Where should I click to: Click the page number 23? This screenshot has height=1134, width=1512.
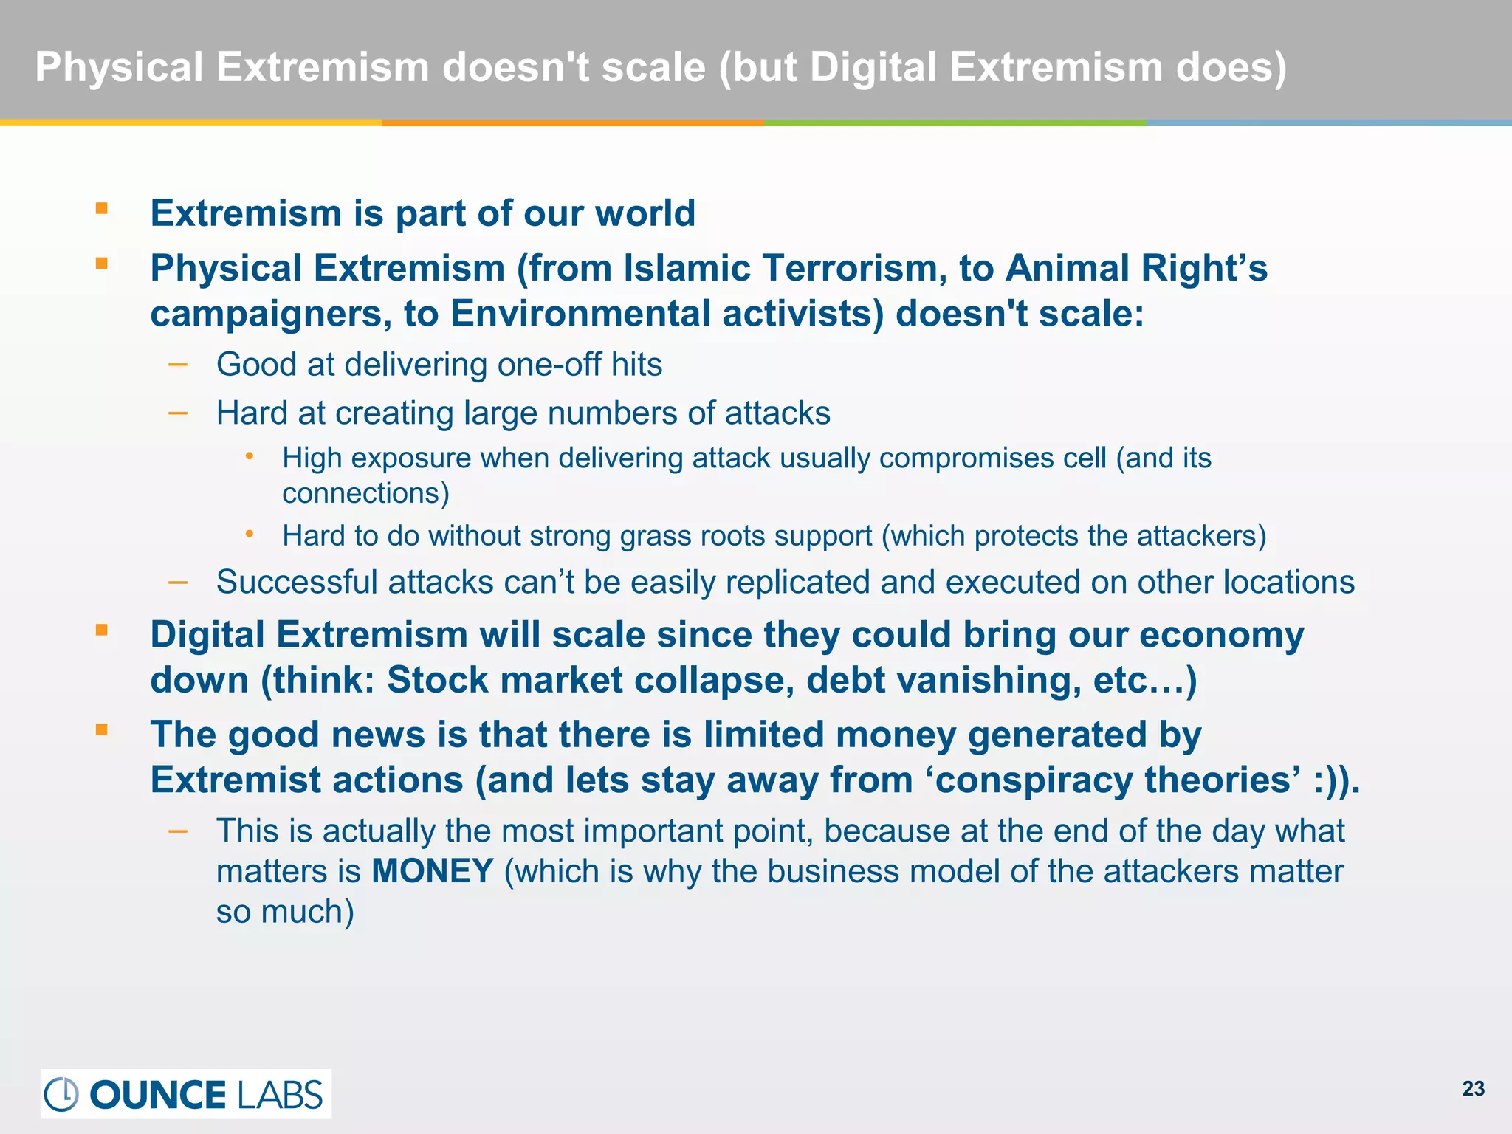(x=1473, y=1089)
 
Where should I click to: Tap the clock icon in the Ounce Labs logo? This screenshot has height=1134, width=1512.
(x=62, y=1094)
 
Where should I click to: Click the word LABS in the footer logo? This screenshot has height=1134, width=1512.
(x=280, y=1095)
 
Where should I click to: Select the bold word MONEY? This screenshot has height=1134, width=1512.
(x=433, y=871)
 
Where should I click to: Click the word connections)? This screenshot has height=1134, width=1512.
(x=365, y=493)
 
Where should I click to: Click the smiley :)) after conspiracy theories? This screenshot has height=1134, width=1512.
(x=1336, y=780)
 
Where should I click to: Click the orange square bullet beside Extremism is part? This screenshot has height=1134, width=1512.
(x=102, y=208)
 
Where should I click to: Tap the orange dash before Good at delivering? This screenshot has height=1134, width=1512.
(x=178, y=364)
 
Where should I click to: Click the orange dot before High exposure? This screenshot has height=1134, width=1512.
(x=250, y=456)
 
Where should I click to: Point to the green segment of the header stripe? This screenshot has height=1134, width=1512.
(x=955, y=123)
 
